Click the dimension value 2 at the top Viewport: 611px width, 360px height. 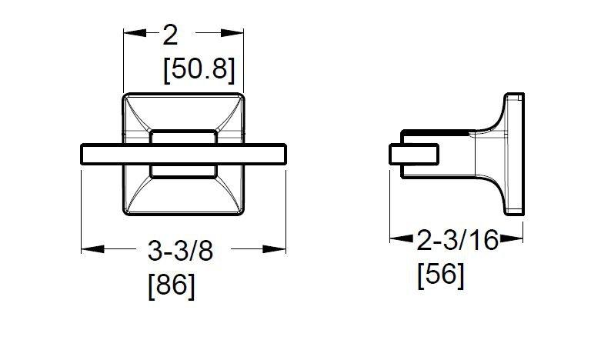click(170, 35)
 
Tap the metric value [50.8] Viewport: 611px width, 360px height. click(199, 70)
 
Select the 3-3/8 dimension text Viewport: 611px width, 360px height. click(181, 251)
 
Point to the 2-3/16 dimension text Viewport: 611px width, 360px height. click(457, 242)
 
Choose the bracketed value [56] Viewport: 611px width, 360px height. click(440, 275)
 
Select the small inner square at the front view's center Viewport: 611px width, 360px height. click(183, 154)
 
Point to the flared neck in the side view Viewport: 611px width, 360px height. click(485, 154)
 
